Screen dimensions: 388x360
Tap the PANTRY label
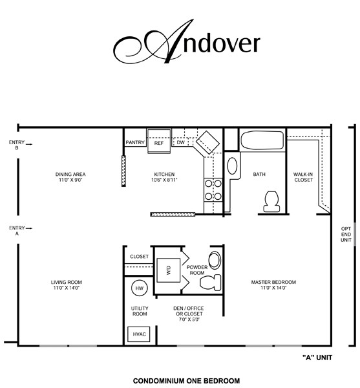[135, 142]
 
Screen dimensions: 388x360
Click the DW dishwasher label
[182, 142]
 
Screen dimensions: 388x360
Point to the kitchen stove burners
[213, 189]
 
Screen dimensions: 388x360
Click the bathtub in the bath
[262, 140]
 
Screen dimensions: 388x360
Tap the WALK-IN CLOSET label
[303, 177]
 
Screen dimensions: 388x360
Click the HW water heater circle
[138, 289]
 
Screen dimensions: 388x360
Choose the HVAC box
[139, 334]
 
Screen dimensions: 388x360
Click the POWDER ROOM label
[196, 270]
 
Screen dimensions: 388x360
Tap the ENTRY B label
[16, 145]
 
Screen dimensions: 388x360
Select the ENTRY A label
[15, 230]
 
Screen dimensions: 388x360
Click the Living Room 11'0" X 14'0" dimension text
[67, 288]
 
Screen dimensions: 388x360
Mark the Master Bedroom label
[278, 282]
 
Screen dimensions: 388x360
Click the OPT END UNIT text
[346, 234]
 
